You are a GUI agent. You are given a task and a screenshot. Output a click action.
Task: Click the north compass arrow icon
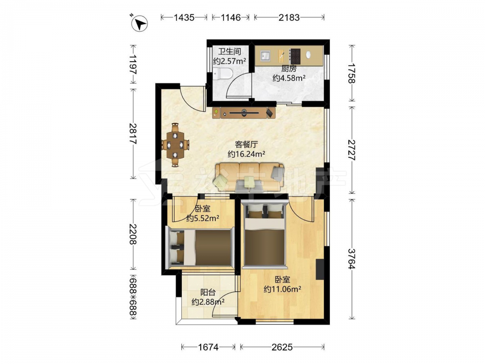pyautogui.click(x=140, y=23)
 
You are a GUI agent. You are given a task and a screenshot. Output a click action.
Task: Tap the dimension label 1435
pyautogui.click(x=184, y=17)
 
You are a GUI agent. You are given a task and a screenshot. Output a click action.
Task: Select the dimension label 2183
pyautogui.click(x=289, y=17)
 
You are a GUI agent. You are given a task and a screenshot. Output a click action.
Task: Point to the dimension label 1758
pyautogui.click(x=352, y=73)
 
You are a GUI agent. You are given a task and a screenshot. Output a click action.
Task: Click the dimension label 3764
pyautogui.click(x=352, y=259)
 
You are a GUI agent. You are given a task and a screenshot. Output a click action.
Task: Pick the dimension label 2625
pyautogui.click(x=282, y=347)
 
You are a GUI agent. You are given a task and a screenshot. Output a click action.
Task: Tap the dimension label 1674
pyautogui.click(x=208, y=347)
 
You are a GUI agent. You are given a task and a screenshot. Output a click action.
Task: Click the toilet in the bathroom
pyautogui.click(x=223, y=74)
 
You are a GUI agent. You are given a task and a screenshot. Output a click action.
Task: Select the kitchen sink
pyautogui.click(x=265, y=56)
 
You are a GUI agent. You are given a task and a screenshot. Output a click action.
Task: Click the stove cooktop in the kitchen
pyautogui.click(x=295, y=56)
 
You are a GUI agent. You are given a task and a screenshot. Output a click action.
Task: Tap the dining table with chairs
pyautogui.click(x=175, y=145)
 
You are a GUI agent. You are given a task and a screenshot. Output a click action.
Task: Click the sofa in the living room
pyautogui.click(x=250, y=177)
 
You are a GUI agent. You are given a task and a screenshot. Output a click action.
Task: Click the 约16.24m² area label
pyautogui.click(x=246, y=154)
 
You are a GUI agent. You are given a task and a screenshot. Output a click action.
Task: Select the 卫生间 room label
pyautogui.click(x=229, y=51)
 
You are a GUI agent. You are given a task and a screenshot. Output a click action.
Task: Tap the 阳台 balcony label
pyautogui.click(x=208, y=292)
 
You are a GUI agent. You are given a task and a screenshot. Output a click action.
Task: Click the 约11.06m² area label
pyautogui.click(x=282, y=289)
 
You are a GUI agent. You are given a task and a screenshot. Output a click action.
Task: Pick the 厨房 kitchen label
pyautogui.click(x=289, y=69)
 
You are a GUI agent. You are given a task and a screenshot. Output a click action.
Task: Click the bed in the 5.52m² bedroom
pyautogui.click(x=200, y=248)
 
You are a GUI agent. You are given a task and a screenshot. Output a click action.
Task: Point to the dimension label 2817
pyautogui.click(x=133, y=134)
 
